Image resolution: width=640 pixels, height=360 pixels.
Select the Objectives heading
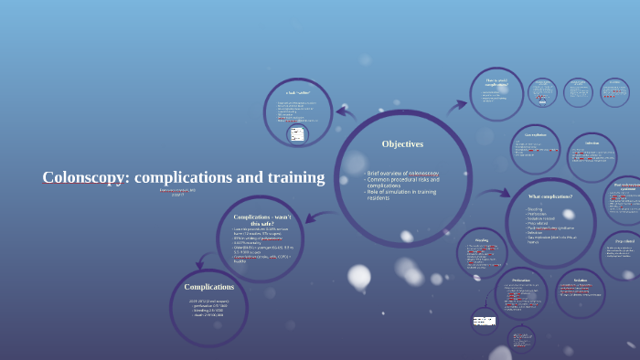tap(402, 143)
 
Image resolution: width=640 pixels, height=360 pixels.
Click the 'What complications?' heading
tap(550, 196)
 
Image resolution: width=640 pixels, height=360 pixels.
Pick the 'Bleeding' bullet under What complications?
tap(535, 209)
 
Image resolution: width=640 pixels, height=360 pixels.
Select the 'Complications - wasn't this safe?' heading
tap(261, 220)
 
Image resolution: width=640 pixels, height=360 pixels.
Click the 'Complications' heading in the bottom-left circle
tap(209, 287)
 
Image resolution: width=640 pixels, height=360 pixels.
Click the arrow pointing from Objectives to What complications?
tap(495, 193)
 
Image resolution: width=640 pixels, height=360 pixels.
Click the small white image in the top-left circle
tap(296, 134)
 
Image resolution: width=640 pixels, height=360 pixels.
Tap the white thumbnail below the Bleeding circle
tap(483, 321)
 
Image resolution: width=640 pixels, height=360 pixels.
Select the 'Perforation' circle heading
tap(521, 281)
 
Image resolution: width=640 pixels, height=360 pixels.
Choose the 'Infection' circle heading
tap(592, 143)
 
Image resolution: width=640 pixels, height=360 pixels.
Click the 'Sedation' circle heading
tap(581, 281)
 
